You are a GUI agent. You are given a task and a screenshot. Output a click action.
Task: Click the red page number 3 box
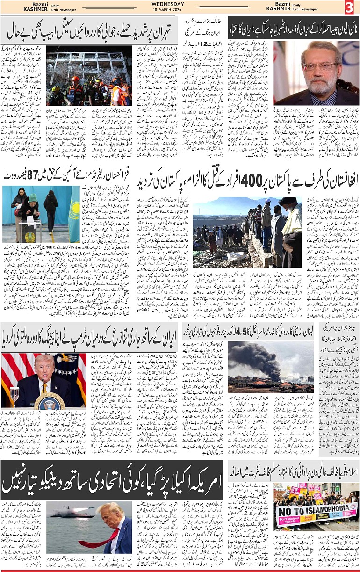click(x=349, y=7)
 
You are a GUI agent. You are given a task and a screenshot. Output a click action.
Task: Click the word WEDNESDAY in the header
click(x=168, y=4)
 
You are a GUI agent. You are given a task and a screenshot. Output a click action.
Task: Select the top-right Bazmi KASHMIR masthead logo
click(x=279, y=7)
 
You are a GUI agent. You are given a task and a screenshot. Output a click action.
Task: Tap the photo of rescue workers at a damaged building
click(x=89, y=75)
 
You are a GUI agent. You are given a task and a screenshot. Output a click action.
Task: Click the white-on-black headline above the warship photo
click(x=112, y=480)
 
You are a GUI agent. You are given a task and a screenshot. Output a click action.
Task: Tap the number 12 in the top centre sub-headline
click(x=204, y=44)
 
